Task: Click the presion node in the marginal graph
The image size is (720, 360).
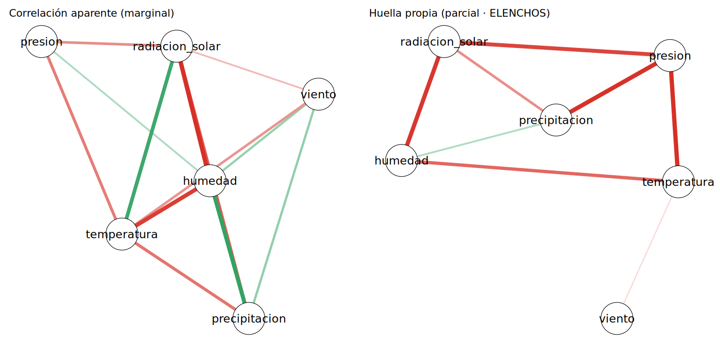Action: click(x=41, y=41)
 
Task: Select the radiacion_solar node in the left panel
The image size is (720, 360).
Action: click(x=177, y=46)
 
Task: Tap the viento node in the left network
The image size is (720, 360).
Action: click(x=318, y=94)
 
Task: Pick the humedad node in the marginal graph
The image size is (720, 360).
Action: click(x=210, y=180)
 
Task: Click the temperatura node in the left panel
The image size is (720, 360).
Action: click(x=122, y=234)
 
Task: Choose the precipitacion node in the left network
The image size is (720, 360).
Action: click(x=249, y=319)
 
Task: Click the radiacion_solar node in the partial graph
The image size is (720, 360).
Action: click(x=444, y=41)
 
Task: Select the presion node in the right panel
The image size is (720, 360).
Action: click(x=670, y=56)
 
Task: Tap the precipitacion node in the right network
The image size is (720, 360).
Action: click(x=556, y=120)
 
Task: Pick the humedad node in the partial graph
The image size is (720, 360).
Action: click(x=401, y=160)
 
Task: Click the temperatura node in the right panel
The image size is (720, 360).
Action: click(x=678, y=182)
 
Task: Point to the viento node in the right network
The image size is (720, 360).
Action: click(x=617, y=319)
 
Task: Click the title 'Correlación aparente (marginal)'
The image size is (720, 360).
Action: click(x=92, y=13)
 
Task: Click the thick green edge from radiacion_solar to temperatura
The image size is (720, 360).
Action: click(x=149, y=140)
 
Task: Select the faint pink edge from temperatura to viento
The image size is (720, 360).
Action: click(x=648, y=251)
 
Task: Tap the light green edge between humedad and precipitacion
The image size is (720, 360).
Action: click(x=479, y=140)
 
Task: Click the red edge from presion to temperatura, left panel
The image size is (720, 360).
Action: click(x=82, y=138)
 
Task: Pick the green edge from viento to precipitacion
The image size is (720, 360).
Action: click(x=284, y=206)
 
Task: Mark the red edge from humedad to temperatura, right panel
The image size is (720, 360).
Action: click(x=540, y=171)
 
